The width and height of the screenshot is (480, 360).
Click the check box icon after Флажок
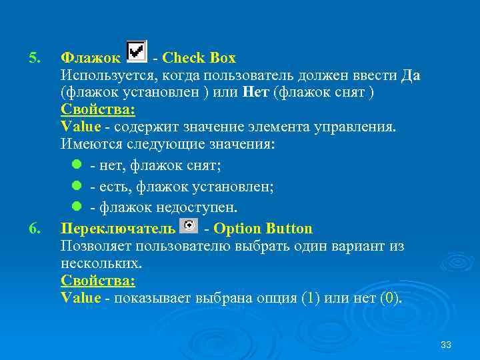136,51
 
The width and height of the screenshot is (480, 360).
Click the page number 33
446,345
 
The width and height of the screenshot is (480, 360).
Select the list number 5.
34,58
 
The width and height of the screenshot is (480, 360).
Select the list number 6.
34,229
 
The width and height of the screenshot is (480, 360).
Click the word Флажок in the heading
91,58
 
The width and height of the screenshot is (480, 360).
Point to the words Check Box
199,58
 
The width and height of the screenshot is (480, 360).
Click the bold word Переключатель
118,229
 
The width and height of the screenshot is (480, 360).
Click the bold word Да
411,75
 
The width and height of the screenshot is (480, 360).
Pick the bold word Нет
257,93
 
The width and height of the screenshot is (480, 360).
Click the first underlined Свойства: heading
97,110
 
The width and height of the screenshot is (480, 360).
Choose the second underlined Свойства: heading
97,281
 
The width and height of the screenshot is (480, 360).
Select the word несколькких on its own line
100,263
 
